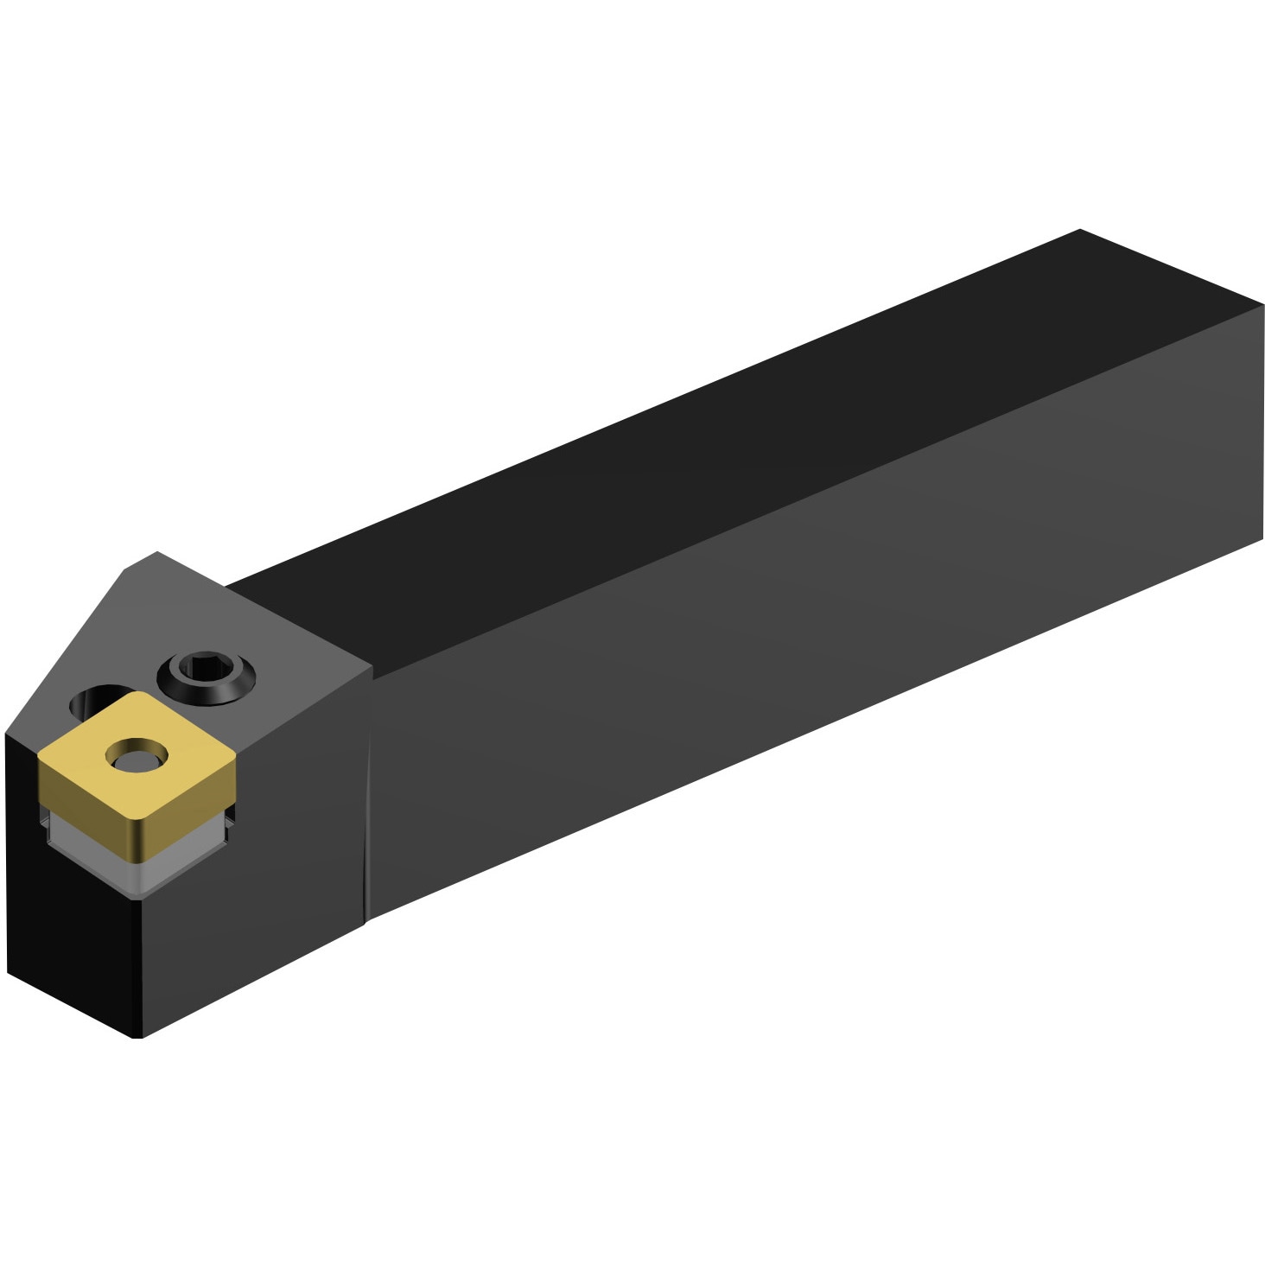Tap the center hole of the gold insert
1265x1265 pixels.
tap(134, 757)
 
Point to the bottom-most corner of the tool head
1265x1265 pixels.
tap(138, 1036)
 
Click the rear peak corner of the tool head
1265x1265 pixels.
tap(157, 553)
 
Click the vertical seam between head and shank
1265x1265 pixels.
tap(369, 795)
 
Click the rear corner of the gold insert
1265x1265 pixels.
tap(137, 693)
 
